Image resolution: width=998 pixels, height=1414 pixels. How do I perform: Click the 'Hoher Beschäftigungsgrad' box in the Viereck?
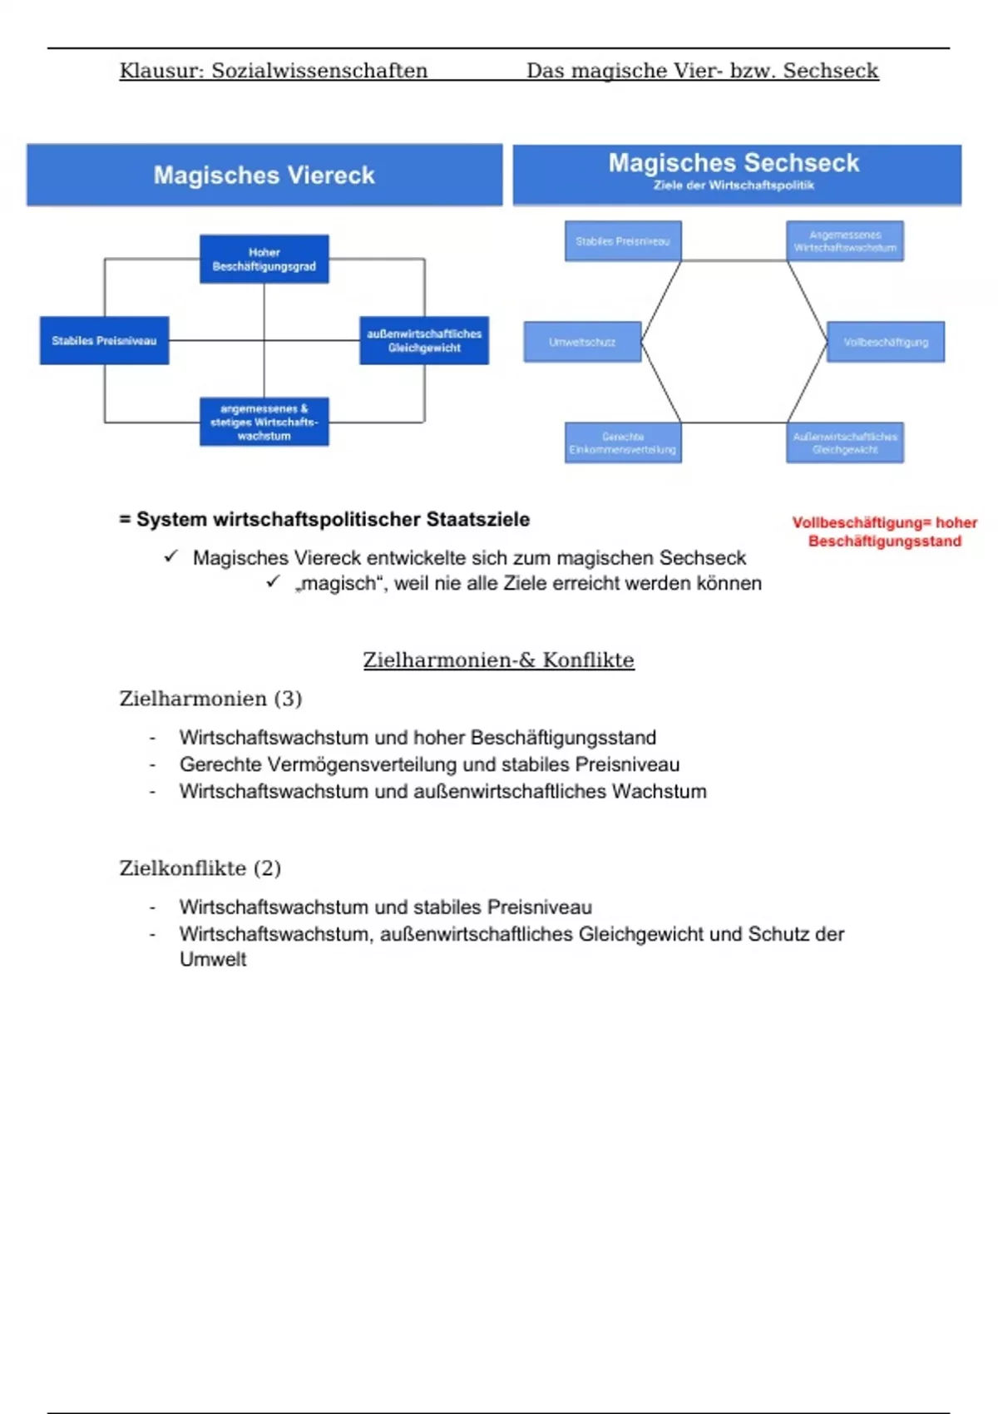click(264, 260)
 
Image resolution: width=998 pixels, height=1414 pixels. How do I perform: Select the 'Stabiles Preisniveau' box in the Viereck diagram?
click(104, 340)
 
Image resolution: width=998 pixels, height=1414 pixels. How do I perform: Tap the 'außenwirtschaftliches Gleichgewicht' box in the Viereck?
click(424, 340)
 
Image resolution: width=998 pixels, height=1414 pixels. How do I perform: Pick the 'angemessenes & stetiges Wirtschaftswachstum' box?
click(264, 422)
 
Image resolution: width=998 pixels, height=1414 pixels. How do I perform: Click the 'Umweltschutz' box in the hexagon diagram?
click(582, 342)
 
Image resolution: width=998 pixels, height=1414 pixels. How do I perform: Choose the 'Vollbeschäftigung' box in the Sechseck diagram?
click(886, 342)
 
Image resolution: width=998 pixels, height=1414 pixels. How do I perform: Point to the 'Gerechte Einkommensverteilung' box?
click(623, 442)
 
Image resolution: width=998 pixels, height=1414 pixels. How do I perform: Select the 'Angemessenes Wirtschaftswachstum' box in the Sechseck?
click(845, 241)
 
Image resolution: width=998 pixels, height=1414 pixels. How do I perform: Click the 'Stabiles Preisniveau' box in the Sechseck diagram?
click(623, 241)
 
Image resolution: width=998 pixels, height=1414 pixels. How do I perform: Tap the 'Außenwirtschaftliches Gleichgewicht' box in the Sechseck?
click(845, 442)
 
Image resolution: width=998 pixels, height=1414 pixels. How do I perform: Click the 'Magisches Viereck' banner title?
click(264, 176)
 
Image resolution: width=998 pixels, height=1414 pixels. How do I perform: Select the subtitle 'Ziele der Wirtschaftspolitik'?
click(734, 185)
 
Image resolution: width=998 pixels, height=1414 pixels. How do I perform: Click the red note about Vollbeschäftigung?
click(884, 531)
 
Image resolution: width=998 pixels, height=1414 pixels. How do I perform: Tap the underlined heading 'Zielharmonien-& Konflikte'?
click(498, 660)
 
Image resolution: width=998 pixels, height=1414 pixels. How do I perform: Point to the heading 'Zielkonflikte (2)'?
click(200, 868)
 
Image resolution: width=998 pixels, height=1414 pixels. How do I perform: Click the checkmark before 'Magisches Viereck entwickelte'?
click(171, 556)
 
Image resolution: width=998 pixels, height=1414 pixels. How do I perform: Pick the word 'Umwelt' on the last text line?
click(213, 959)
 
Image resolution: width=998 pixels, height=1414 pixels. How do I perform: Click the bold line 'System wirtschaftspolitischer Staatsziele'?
click(333, 520)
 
